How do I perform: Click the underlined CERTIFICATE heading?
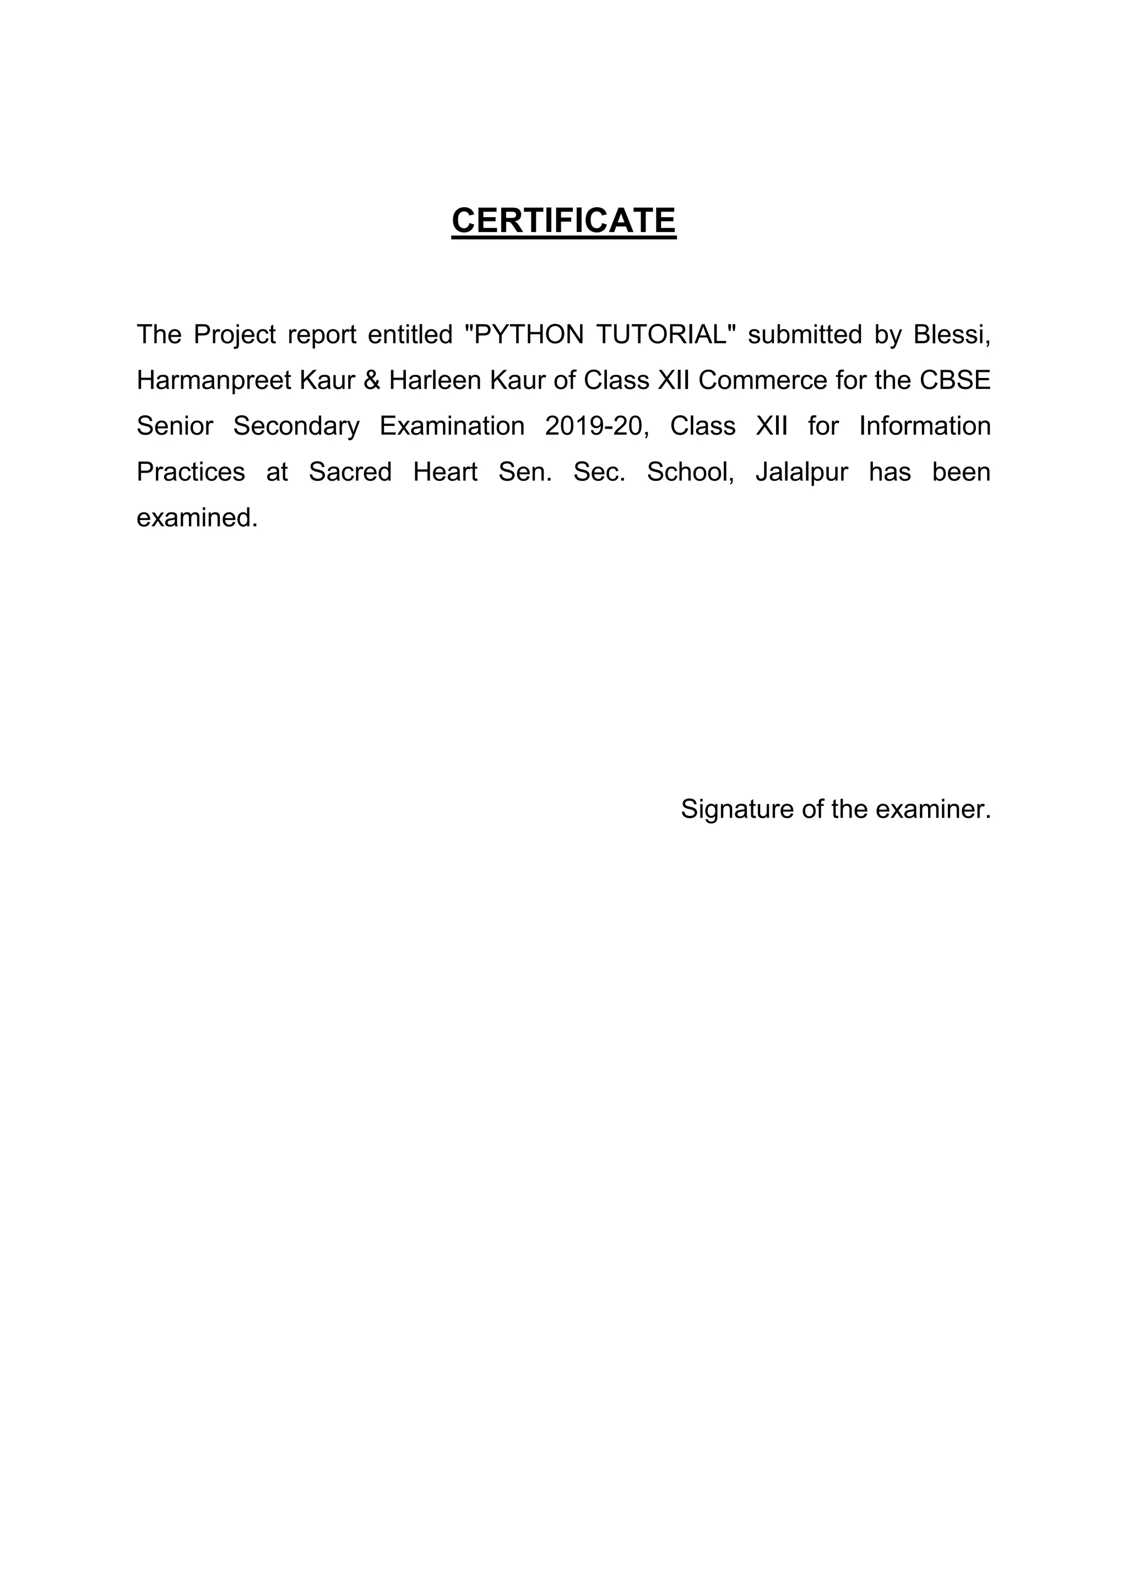[563, 221]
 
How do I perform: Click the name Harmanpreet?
[214, 381]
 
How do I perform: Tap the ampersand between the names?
[372, 381]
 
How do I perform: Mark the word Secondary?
[296, 426]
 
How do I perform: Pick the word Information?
[925, 426]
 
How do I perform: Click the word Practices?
[191, 472]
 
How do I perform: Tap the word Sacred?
[350, 472]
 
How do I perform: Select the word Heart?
[445, 472]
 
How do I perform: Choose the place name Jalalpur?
[801, 472]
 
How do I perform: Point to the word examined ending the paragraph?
[197, 517]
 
